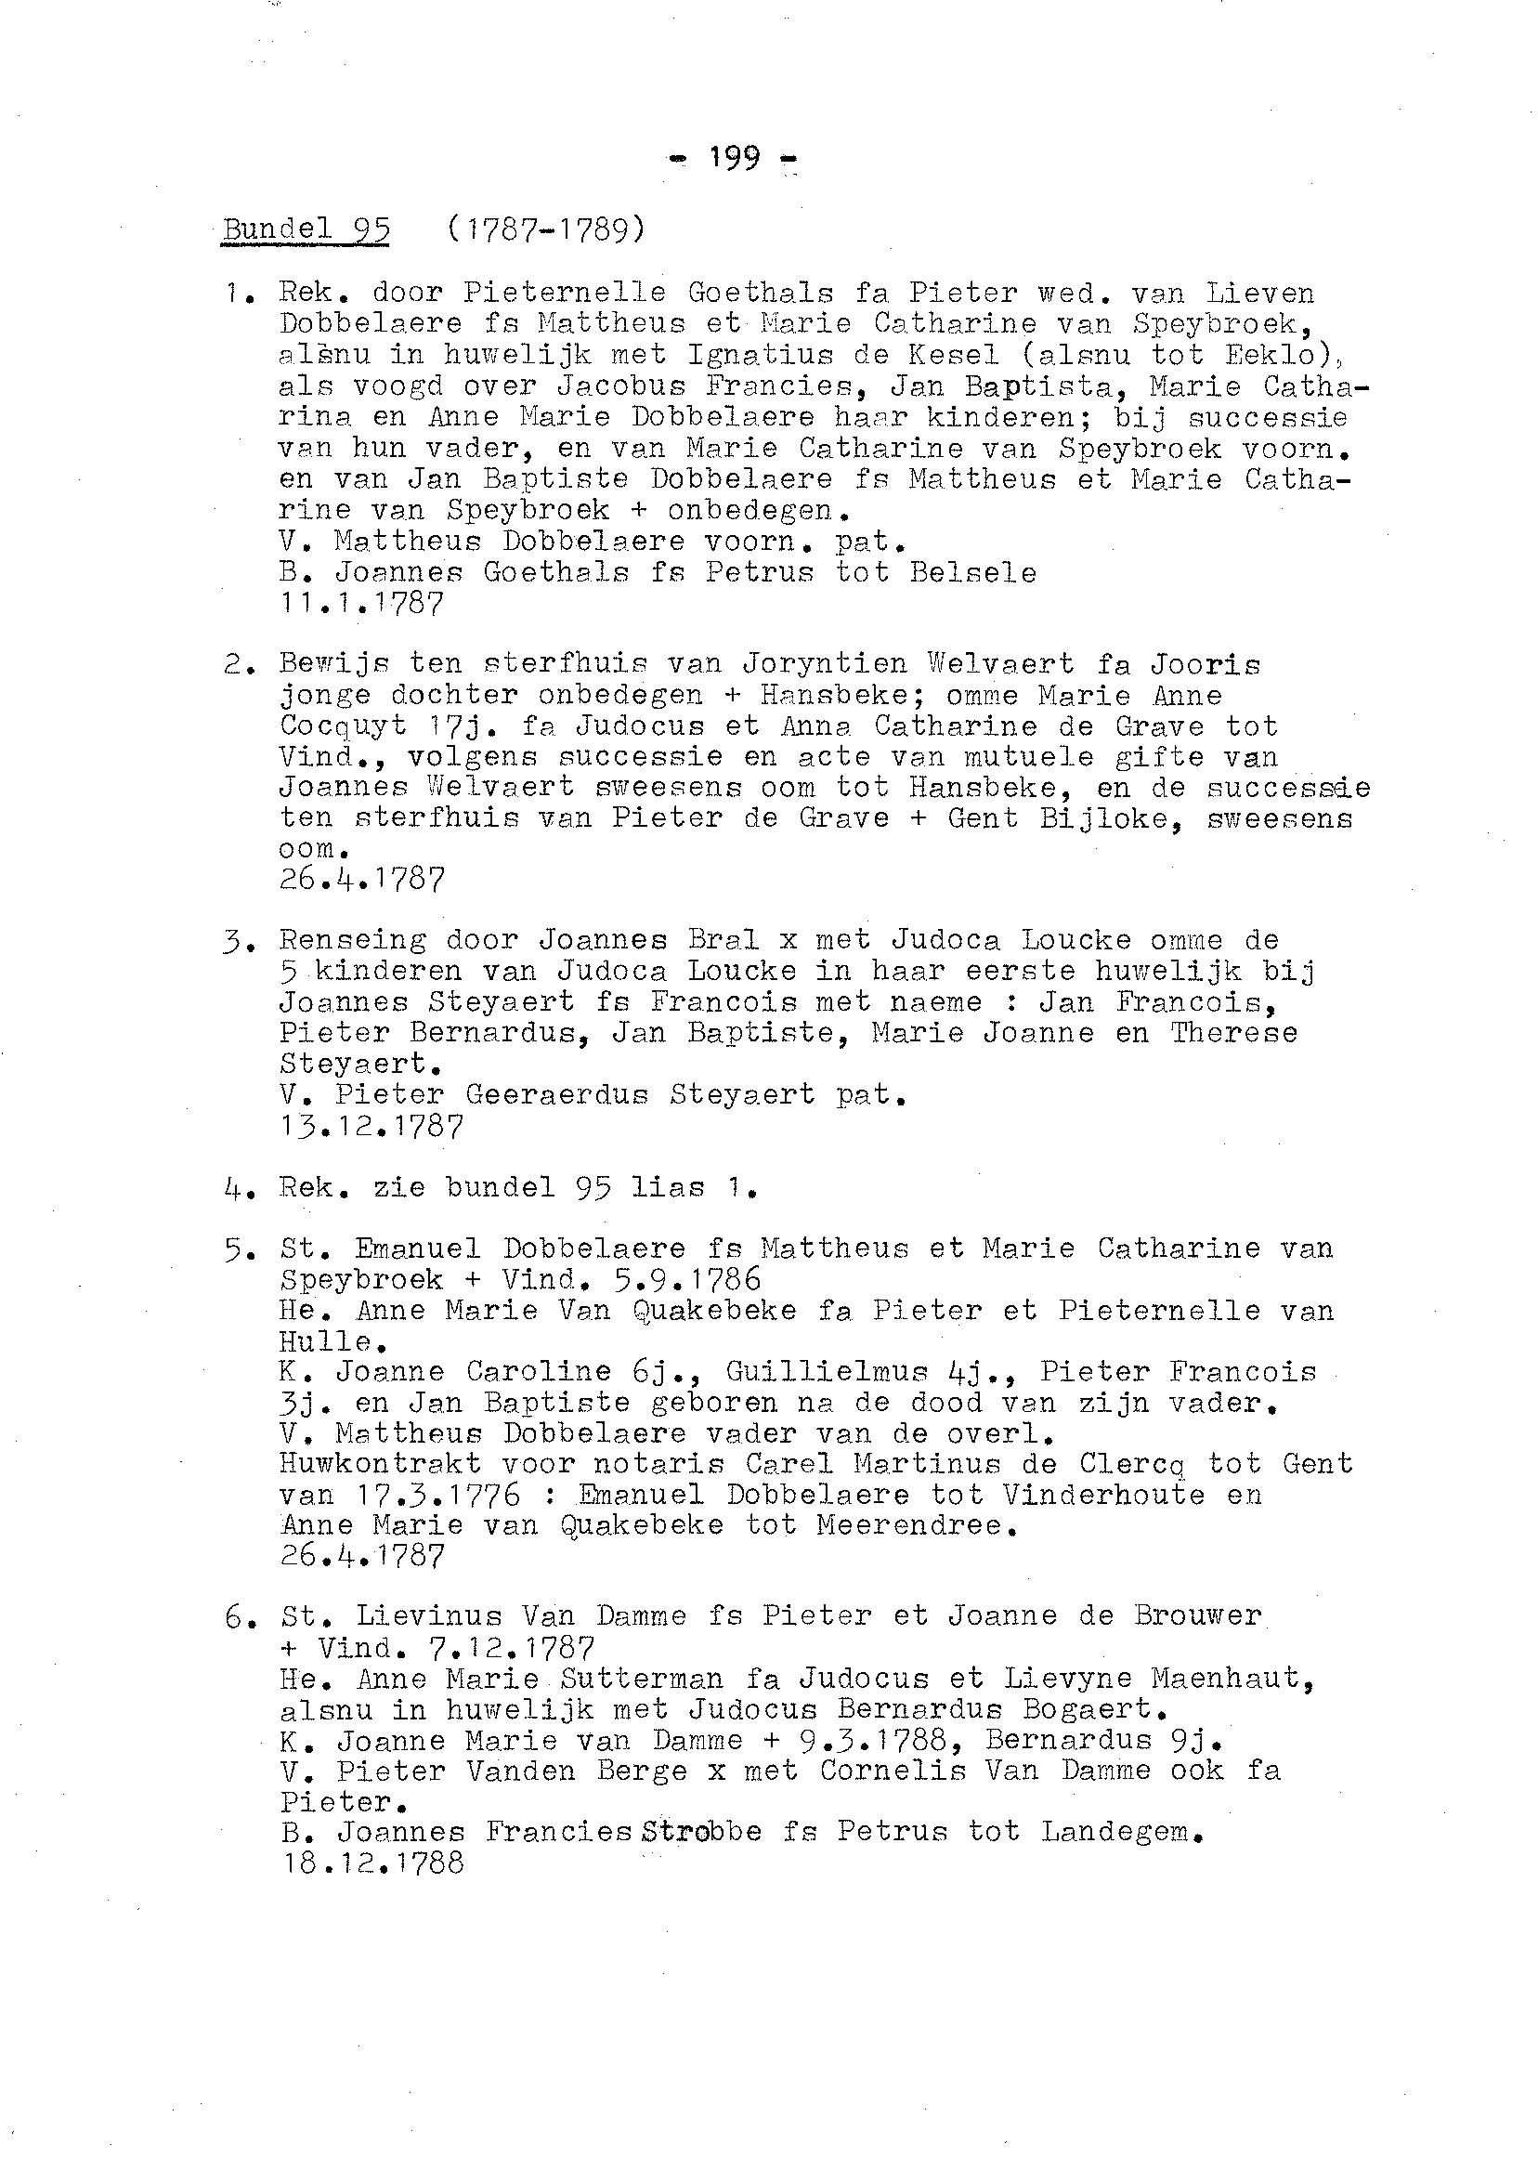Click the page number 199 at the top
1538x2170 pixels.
pos(734,158)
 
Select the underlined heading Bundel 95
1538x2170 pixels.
pos(305,229)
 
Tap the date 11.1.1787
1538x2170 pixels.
pos(361,604)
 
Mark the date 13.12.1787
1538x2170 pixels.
pos(371,1126)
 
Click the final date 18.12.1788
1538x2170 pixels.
pos(372,1863)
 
